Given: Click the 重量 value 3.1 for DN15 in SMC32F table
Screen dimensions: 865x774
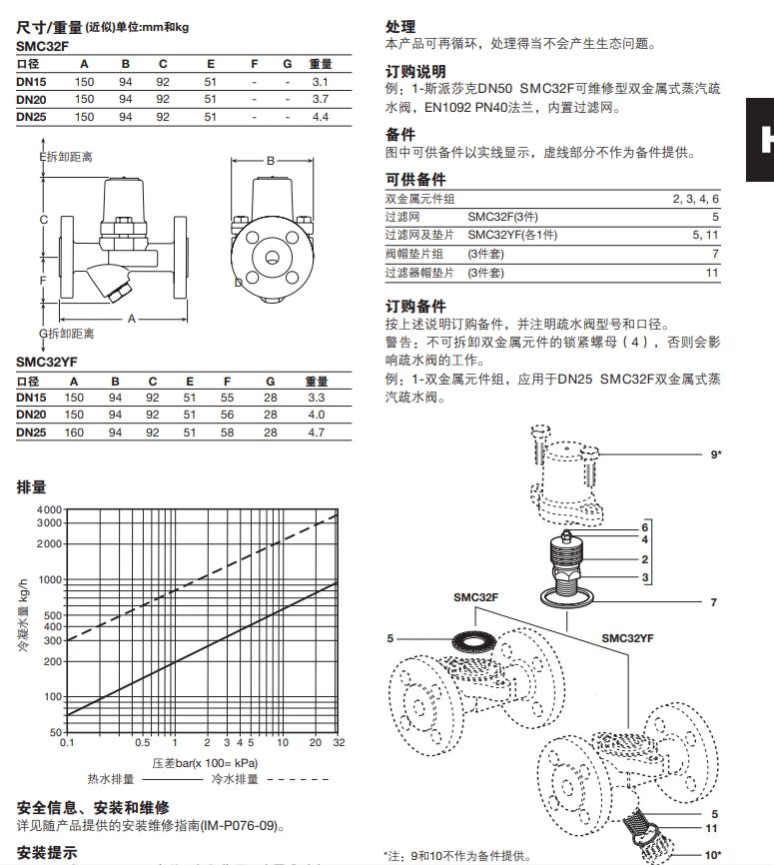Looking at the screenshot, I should (x=320, y=80).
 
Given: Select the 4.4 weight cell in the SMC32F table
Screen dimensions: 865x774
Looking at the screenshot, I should (x=320, y=117).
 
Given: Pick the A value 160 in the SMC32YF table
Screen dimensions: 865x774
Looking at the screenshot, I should (x=74, y=432).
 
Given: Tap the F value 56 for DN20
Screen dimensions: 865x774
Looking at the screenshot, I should (x=227, y=415).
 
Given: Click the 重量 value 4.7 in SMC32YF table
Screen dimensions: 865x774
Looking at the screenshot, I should (x=317, y=432).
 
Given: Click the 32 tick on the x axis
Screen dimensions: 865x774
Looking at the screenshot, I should (x=339, y=743).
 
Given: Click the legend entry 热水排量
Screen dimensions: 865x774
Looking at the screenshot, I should (x=110, y=778).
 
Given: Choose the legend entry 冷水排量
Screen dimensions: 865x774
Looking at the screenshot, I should (x=235, y=778).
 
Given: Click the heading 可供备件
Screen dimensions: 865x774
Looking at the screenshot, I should (x=415, y=179).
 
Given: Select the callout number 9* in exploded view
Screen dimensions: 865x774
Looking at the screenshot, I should (x=716, y=454).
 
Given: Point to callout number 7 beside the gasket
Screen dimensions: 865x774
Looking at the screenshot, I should (x=713, y=603).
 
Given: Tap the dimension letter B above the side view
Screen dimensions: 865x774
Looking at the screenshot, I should (x=269, y=160).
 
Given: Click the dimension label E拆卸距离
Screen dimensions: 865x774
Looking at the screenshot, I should (x=66, y=158).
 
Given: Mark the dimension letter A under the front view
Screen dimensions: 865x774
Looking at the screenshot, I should (x=130, y=318).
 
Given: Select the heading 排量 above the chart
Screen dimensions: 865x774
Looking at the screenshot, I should (x=32, y=487).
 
